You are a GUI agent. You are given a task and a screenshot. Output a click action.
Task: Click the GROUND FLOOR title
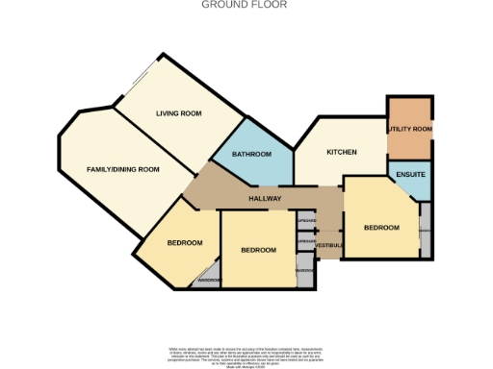tap(244, 5)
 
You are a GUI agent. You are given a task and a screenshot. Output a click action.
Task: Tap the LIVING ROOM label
tap(178, 113)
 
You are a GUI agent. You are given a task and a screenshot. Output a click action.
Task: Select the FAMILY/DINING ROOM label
tap(122, 169)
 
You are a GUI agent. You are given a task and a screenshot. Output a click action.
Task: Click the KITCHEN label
tap(342, 152)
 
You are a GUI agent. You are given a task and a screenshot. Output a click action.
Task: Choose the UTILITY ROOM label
tap(410, 129)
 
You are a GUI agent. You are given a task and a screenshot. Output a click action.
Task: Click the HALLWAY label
tap(265, 199)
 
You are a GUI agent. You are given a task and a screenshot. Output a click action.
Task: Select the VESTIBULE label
tap(329, 245)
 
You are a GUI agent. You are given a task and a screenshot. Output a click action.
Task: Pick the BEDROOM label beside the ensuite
tap(381, 227)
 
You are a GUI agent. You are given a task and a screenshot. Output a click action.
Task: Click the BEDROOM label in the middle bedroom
tap(258, 250)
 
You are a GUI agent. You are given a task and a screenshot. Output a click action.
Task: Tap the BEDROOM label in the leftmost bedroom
tap(185, 242)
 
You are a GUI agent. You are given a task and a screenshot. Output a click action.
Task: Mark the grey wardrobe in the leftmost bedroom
tap(209, 281)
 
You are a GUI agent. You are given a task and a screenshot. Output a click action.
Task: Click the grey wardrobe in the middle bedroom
tap(303, 270)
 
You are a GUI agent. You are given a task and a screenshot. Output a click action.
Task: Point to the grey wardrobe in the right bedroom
tap(425, 233)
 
